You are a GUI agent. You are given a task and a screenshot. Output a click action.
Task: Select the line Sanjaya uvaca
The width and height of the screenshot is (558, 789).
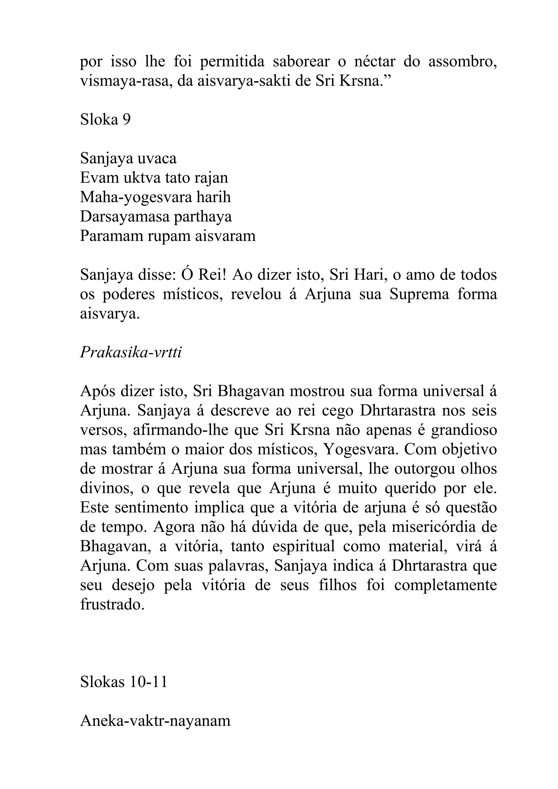[128, 158]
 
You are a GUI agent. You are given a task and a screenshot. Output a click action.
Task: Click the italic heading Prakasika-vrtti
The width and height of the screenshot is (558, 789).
[131, 353]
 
